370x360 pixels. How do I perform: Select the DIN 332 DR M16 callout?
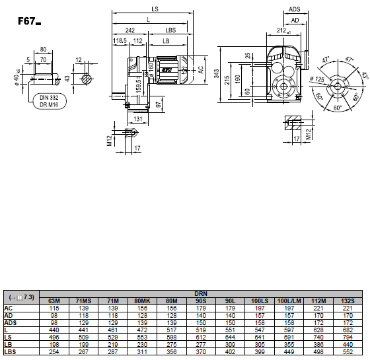click(x=50, y=101)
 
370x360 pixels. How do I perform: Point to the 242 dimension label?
click(x=130, y=30)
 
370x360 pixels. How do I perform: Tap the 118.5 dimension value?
click(x=120, y=41)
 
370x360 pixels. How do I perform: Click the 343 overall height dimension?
click(x=217, y=73)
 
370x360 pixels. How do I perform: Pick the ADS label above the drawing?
click(x=295, y=9)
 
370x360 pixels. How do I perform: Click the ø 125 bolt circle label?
click(x=317, y=79)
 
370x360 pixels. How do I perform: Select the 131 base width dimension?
click(x=138, y=119)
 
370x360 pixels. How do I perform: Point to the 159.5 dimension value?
click(x=139, y=86)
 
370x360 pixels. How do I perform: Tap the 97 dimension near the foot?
click(x=159, y=104)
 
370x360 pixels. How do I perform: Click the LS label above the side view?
click(x=155, y=9)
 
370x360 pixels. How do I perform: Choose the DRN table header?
click(x=201, y=294)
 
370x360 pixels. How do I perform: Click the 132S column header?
click(x=348, y=301)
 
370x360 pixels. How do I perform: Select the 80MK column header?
click(x=142, y=301)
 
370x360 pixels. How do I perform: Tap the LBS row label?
click(x=10, y=351)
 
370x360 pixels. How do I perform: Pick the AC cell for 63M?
click(x=54, y=308)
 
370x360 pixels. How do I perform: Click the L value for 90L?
click(x=230, y=330)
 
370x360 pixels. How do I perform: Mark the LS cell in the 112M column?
click(x=318, y=338)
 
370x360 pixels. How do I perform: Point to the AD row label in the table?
click(x=8, y=316)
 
